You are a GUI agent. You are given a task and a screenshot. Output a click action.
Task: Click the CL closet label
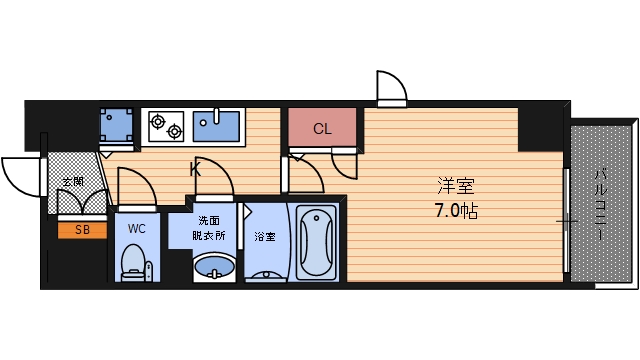click(322, 129)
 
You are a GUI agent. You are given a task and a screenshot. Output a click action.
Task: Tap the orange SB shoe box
click(82, 230)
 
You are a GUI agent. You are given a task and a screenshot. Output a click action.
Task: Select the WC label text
click(136, 229)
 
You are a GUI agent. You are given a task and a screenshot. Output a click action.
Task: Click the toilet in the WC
click(134, 262)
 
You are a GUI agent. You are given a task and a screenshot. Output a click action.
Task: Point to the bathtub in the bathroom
click(316, 243)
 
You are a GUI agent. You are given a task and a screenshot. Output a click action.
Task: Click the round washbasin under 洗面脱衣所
click(214, 268)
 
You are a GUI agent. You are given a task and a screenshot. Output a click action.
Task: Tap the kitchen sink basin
click(216, 126)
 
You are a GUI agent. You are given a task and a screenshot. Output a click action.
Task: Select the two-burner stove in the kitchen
click(166, 127)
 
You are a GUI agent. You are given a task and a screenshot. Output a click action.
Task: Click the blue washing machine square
click(116, 125)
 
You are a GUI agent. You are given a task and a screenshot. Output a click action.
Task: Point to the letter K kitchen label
click(196, 169)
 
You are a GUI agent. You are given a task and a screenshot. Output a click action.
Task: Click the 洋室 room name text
click(456, 186)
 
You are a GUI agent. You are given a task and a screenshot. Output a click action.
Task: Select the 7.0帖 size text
click(456, 211)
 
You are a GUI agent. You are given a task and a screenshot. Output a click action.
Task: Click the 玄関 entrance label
click(73, 181)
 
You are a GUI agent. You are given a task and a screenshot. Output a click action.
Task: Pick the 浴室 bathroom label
click(265, 236)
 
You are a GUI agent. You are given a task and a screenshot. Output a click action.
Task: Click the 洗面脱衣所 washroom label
click(209, 228)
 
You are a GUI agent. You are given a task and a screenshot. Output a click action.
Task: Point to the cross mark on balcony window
click(567, 222)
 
